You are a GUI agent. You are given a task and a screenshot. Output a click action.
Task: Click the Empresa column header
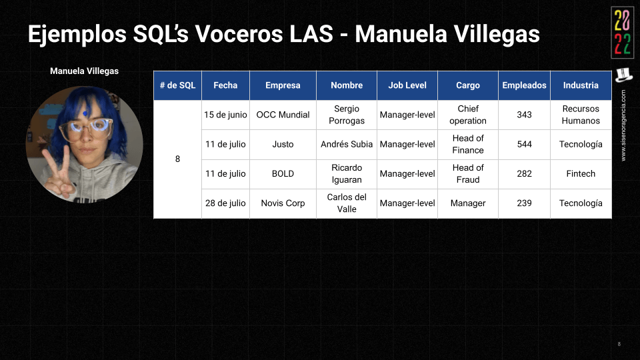(x=283, y=85)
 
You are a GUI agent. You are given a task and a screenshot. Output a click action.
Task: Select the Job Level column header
(x=407, y=85)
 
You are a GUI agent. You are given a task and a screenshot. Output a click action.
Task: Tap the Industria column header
(x=581, y=85)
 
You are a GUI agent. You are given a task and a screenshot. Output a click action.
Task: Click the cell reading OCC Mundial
(x=283, y=115)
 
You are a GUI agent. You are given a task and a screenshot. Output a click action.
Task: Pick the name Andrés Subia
(x=347, y=144)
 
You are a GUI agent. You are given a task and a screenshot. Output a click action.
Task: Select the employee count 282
(x=524, y=173)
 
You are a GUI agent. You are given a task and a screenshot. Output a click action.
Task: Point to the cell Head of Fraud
(x=468, y=173)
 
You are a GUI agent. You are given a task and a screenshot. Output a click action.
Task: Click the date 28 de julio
(x=225, y=203)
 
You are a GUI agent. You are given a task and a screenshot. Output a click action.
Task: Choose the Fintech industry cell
(x=581, y=173)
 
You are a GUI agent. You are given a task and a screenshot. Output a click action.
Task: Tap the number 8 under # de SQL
(x=177, y=159)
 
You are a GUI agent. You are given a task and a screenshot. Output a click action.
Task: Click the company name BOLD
(x=283, y=173)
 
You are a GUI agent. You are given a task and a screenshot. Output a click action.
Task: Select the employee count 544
(x=524, y=144)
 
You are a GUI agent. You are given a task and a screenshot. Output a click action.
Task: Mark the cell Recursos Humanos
(x=581, y=115)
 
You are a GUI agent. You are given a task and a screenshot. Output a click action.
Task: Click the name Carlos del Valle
(x=347, y=203)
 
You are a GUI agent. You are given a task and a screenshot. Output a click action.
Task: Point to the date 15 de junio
(x=225, y=115)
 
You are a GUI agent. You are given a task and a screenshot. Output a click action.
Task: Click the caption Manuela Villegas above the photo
(x=84, y=71)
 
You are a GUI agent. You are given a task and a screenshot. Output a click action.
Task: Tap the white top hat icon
(x=623, y=75)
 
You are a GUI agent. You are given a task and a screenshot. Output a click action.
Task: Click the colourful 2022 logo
(x=623, y=33)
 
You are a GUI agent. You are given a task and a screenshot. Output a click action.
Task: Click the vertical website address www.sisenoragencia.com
(x=623, y=125)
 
